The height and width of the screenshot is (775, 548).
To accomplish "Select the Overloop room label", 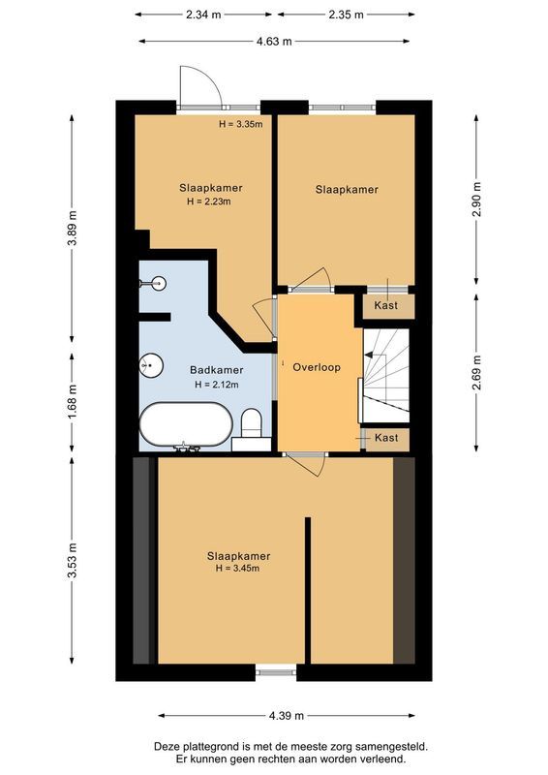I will coord(317,368).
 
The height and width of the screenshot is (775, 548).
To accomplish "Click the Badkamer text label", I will coord(216,370).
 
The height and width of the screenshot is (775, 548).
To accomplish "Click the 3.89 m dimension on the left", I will coord(72,229).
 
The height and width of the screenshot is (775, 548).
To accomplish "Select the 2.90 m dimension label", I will coord(478,201).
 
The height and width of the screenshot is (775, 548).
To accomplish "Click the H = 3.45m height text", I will coord(238,569).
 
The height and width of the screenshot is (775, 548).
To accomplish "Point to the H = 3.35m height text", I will coord(241,124).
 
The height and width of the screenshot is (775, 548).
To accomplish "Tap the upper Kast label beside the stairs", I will coord(386,305).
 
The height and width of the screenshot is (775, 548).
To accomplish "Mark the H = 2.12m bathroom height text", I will coord(216,384).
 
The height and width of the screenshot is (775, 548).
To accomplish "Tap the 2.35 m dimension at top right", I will coord(346,15).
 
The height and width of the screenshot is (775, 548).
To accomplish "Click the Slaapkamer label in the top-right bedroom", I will coord(346,190).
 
